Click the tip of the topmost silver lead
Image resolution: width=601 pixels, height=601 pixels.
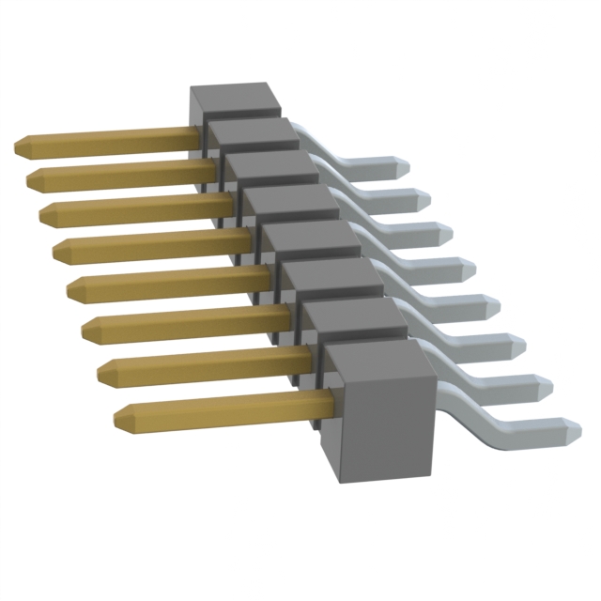click(x=403, y=166)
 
